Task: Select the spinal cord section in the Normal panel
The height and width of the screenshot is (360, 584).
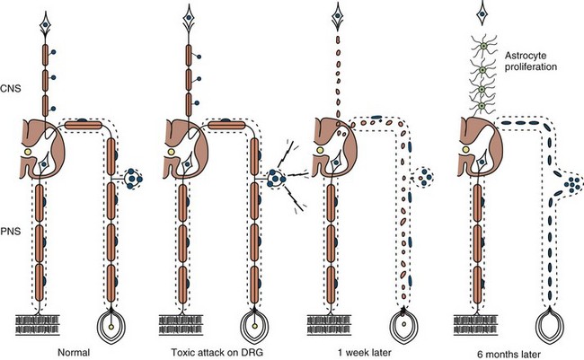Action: tap(40, 145)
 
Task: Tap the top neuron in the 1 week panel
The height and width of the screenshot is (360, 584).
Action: tap(338, 18)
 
